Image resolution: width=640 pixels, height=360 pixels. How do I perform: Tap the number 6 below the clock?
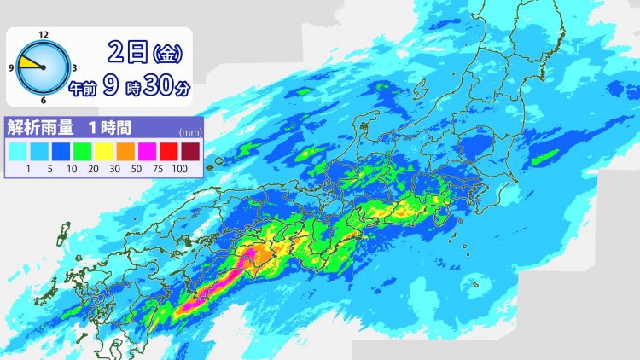(43, 101)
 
